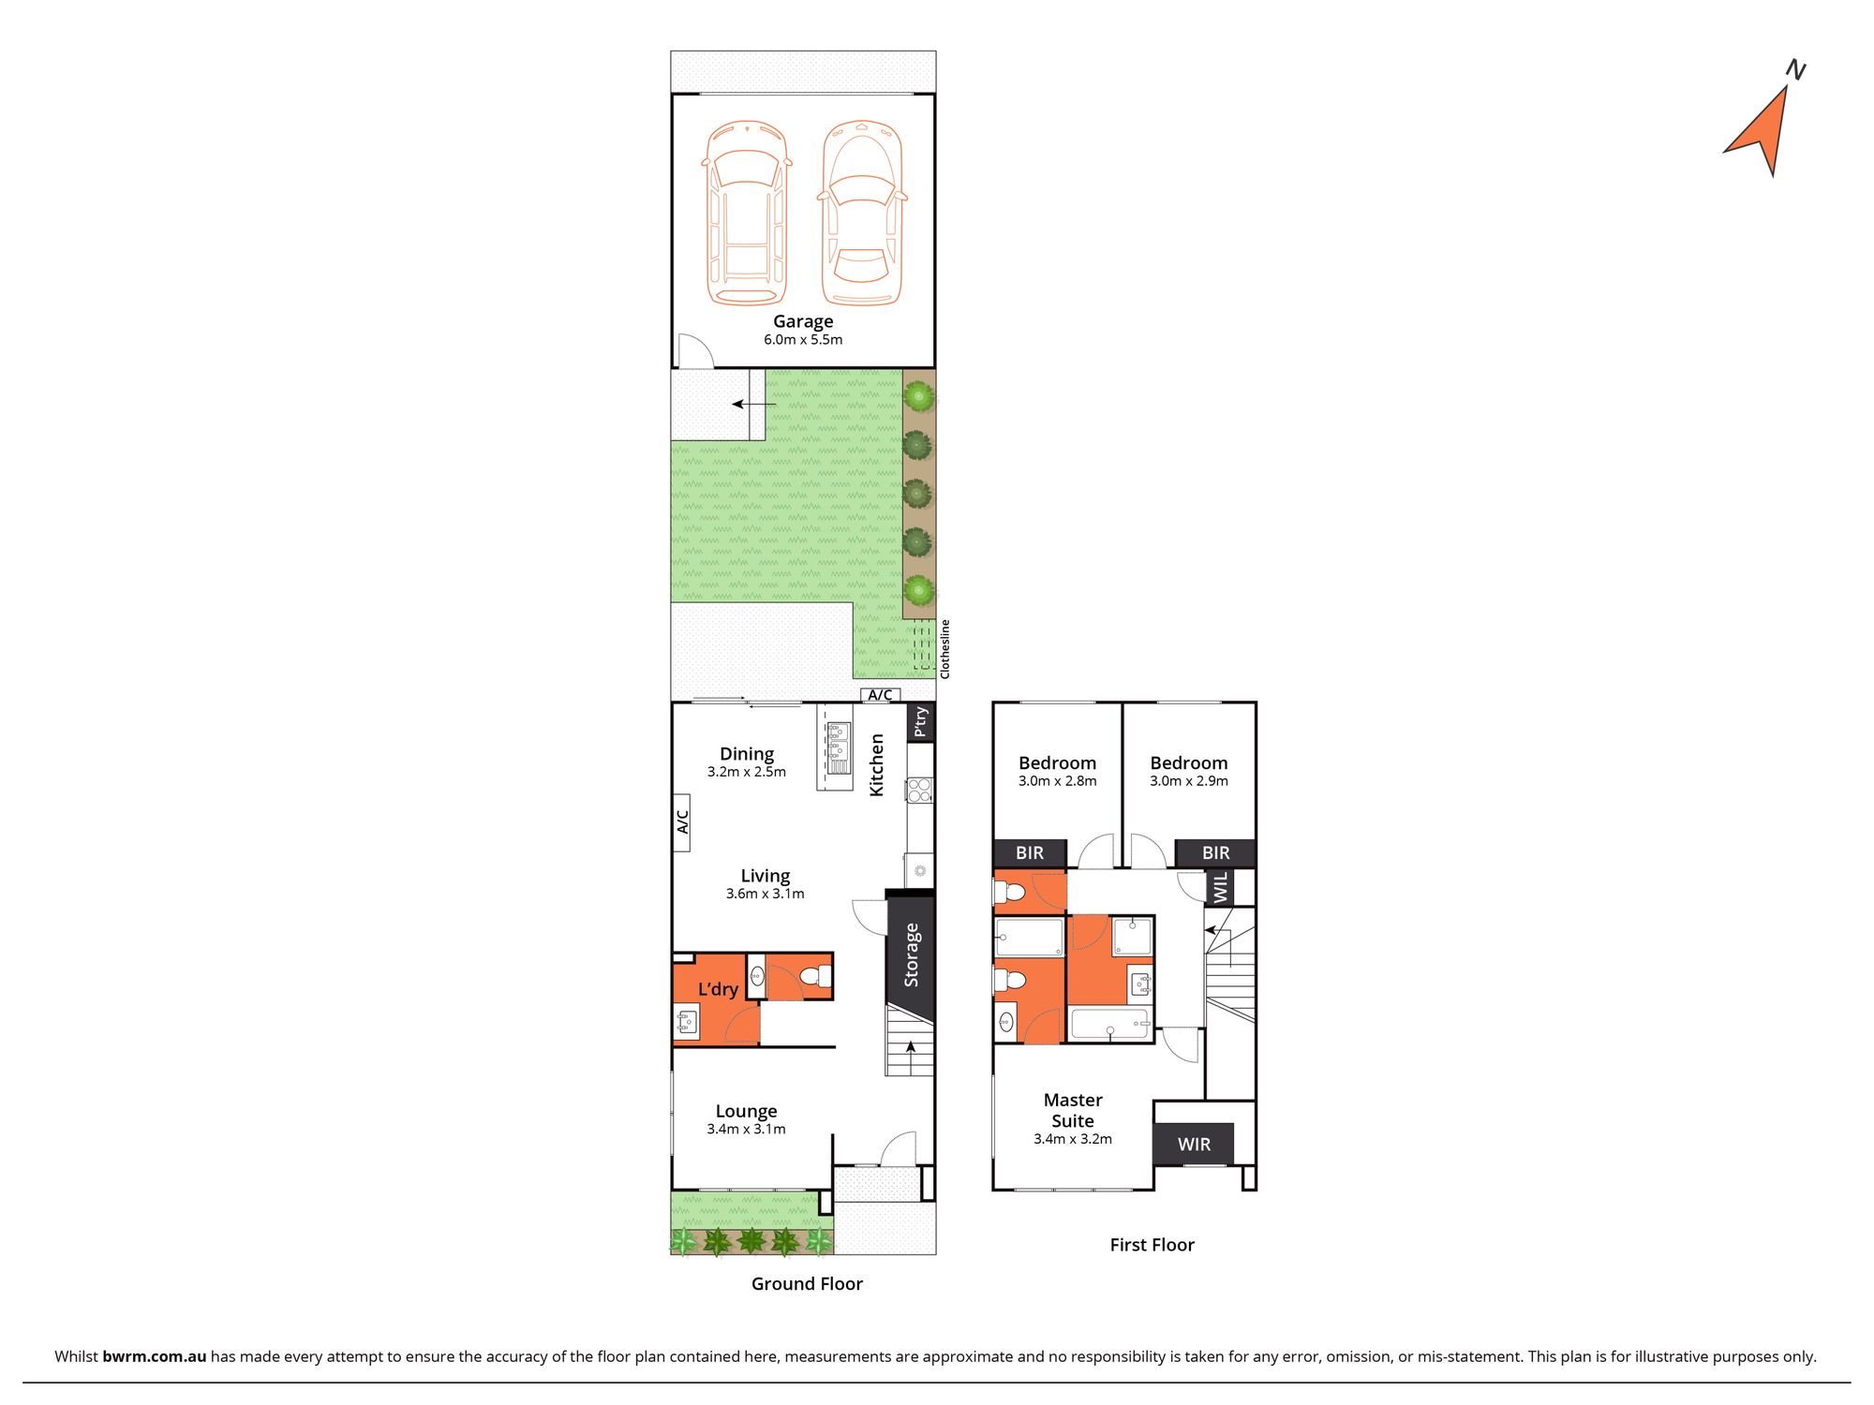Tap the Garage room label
803,321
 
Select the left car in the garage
747,214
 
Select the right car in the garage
862,214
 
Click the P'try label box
921,722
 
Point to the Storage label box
911,955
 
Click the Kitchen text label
877,765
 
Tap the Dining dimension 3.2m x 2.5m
747,772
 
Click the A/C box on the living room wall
683,821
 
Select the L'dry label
718,989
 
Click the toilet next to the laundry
815,977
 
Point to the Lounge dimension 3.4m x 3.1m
747,1130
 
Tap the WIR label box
1194,1145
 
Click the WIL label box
1220,888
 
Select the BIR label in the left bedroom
1030,853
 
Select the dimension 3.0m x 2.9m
1189,781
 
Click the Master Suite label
1073,1111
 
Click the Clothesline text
944,649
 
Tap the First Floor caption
1152,1245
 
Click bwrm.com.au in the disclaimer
155,1356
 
